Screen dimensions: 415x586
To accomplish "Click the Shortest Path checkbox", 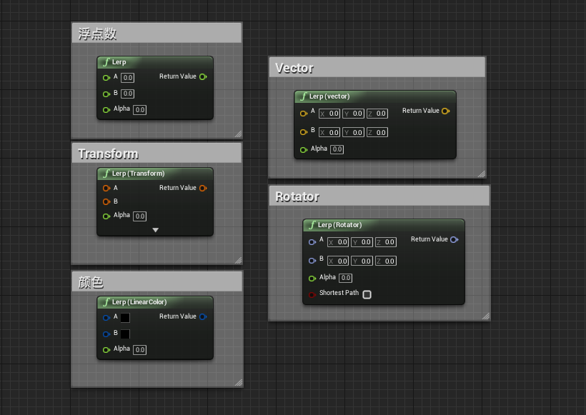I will (x=367, y=294).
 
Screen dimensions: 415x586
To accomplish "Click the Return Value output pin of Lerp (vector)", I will (x=445, y=111).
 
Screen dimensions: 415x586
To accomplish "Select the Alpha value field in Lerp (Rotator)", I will (x=345, y=278).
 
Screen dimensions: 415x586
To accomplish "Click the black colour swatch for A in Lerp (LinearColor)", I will (x=124, y=317).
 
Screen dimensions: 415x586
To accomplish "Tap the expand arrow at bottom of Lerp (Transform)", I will (x=155, y=230).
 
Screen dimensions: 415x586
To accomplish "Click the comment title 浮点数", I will (x=97, y=34).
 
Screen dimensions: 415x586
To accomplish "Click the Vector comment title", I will (x=294, y=68).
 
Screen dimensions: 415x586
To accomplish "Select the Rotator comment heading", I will (x=297, y=196).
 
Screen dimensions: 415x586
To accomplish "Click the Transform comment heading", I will (x=108, y=154).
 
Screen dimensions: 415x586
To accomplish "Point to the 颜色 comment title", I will (x=91, y=282).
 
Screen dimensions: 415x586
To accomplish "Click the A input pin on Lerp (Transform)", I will (x=106, y=188).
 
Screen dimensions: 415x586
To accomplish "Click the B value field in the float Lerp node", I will (x=127, y=94).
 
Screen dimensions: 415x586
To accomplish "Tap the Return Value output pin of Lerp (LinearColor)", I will (x=203, y=316).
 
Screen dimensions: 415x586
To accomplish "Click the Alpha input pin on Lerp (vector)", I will (x=303, y=149).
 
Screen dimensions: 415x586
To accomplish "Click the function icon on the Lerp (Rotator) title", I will (x=312, y=225).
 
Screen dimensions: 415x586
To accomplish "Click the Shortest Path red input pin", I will (x=312, y=294).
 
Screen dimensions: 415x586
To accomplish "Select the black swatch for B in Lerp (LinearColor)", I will (x=124, y=334).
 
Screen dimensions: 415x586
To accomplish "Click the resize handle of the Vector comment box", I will (x=481, y=174).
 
